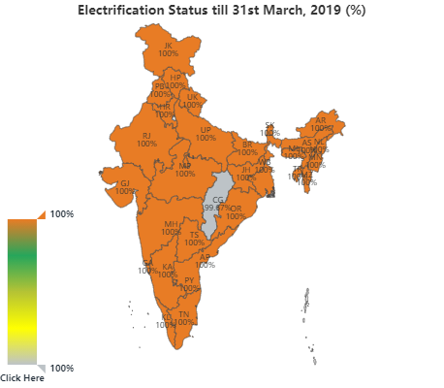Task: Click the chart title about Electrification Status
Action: [221, 10]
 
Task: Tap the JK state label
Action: [169, 46]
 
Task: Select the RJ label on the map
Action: [146, 136]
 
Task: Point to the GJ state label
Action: [125, 183]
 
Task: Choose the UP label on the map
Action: [206, 130]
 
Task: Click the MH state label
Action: [171, 224]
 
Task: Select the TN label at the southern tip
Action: [184, 314]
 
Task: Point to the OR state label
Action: [236, 209]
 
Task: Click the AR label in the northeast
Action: [321, 120]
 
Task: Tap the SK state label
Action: [270, 125]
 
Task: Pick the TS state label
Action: [194, 235]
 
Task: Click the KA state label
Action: [168, 266]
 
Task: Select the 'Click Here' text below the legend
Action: [22, 377]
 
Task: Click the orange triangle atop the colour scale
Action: [41, 213]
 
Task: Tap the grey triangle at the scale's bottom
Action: [41, 369]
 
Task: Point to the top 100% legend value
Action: [62, 213]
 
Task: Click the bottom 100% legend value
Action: [62, 368]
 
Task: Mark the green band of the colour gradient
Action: [22, 257]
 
